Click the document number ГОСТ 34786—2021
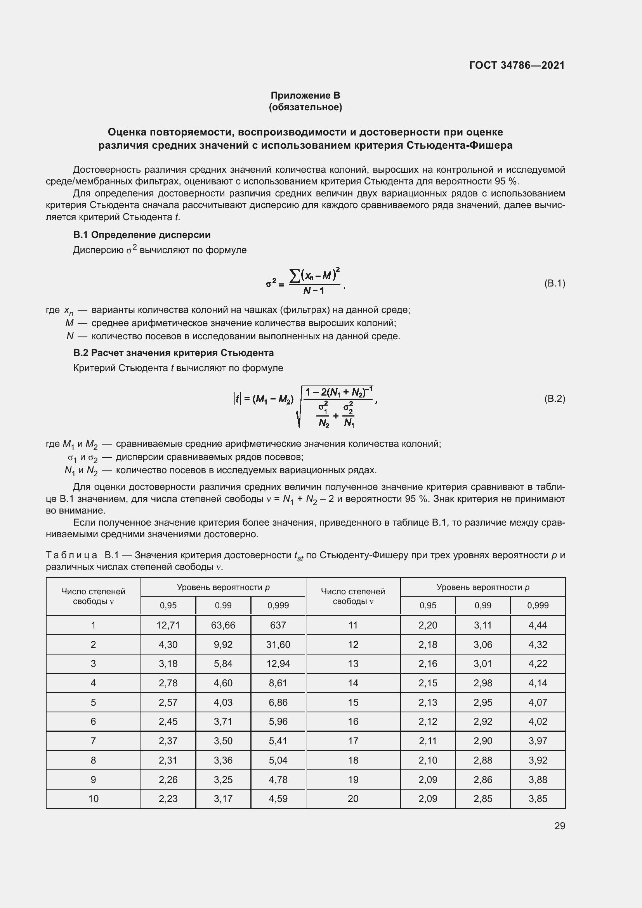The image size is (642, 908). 517,65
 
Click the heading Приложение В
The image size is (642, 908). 305,95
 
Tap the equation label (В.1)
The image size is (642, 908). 555,283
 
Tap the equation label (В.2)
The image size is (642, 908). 555,399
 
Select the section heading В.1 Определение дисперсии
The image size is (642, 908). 142,235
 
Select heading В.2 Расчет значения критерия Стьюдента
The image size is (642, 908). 174,353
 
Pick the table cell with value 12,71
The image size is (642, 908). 168,625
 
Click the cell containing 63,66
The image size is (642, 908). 223,625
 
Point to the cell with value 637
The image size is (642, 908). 278,625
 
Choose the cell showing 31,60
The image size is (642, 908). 278,645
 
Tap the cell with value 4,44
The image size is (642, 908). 538,625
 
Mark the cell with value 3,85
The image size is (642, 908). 538,799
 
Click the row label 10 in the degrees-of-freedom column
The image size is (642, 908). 93,799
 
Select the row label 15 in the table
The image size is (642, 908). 353,702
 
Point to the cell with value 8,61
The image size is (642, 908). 278,683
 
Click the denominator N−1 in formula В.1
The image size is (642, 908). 314,291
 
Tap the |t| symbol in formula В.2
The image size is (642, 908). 237,399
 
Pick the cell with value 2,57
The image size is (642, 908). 168,702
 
